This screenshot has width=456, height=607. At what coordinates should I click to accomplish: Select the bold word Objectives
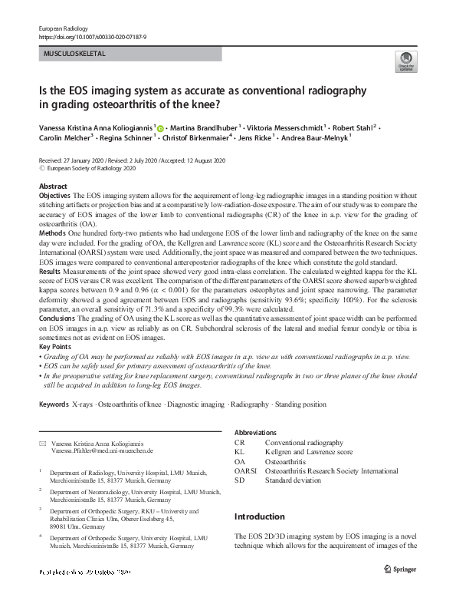(x=54, y=196)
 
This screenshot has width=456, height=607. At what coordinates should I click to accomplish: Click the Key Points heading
(x=54, y=347)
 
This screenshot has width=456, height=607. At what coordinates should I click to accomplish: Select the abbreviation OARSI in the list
(x=245, y=470)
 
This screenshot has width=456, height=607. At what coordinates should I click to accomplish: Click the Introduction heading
(x=259, y=516)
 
